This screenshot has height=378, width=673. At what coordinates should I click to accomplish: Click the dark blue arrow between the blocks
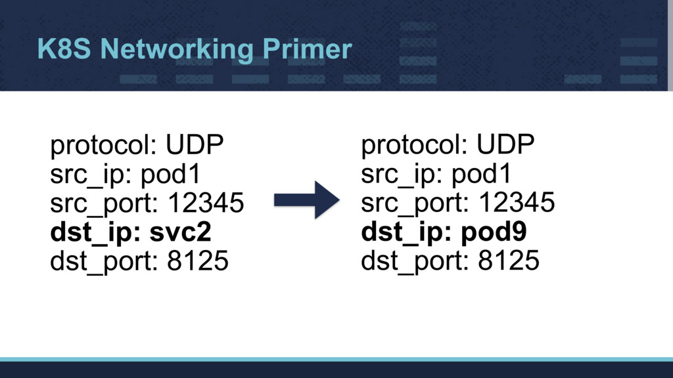(306, 199)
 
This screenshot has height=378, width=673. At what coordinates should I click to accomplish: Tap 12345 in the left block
(205, 204)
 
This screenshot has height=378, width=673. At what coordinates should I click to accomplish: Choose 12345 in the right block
(516, 204)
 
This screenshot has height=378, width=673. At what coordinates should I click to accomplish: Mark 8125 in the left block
(197, 262)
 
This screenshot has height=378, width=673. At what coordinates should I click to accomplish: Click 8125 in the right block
(508, 262)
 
